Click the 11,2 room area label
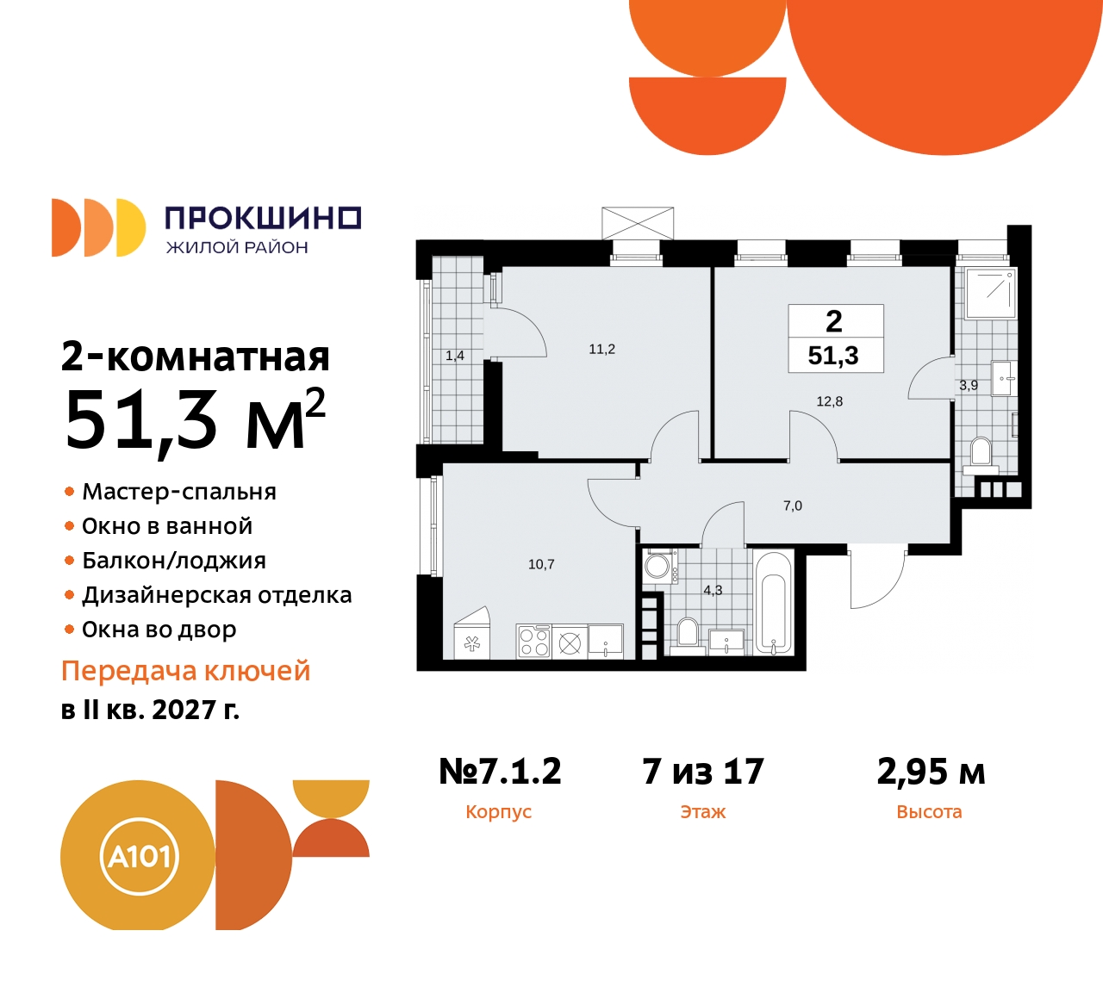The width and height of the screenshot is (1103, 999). click(601, 349)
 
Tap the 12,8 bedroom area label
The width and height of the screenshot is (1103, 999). click(829, 401)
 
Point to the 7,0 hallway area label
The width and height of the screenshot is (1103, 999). click(792, 506)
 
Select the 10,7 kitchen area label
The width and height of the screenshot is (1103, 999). click(541, 564)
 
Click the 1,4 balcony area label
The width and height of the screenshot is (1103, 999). click(454, 356)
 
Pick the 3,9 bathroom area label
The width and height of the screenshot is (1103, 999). click(968, 386)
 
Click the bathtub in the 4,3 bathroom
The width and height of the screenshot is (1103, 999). click(773, 603)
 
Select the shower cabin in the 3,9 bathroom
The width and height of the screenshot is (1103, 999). click(990, 293)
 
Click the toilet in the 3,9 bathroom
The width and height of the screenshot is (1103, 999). click(981, 453)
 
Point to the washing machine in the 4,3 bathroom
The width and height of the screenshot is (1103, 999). click(658, 566)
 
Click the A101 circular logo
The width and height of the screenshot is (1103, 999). click(139, 856)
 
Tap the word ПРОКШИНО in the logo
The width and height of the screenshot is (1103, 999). click(263, 219)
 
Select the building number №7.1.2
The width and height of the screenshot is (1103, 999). click(500, 772)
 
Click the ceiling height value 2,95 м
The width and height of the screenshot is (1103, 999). click(931, 772)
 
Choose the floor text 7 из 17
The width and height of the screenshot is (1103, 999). click(703, 772)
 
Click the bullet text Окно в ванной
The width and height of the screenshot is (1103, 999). click(167, 526)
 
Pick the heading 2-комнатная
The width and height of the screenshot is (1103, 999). click(196, 357)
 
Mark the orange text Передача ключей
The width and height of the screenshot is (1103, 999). click(185, 671)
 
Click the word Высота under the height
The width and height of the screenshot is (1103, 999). click(929, 812)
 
